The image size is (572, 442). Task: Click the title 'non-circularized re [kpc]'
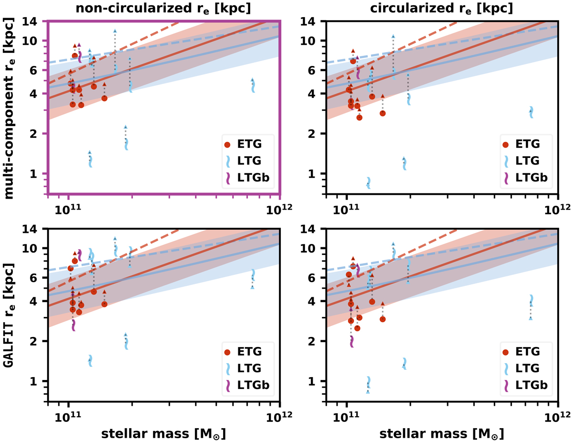(163, 8)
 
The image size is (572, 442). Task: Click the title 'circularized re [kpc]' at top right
(443, 8)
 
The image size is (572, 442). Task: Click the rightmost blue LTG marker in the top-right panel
(531, 112)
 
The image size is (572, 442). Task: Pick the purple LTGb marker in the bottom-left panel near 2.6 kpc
(73, 325)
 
